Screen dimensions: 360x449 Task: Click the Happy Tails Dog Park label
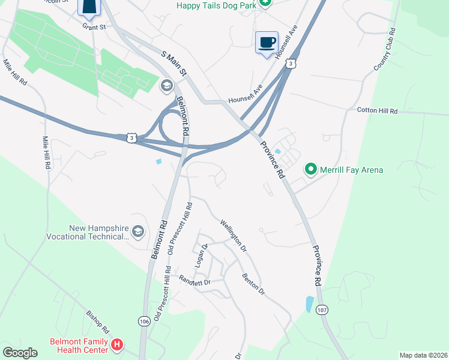click(x=216, y=5)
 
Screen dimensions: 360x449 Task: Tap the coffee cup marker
click(x=267, y=43)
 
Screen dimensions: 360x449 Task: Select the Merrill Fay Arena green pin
click(x=311, y=170)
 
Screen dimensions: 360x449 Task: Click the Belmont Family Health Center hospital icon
click(x=118, y=345)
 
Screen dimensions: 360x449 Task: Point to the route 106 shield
click(x=143, y=321)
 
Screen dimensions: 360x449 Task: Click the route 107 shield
click(x=322, y=310)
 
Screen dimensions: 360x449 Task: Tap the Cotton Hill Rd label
click(x=378, y=111)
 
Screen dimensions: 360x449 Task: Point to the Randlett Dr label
click(x=195, y=280)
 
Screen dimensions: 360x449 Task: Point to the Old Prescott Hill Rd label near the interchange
click(x=180, y=229)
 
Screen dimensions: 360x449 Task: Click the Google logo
click(x=20, y=352)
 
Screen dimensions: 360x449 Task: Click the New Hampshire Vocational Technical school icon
click(x=137, y=232)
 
